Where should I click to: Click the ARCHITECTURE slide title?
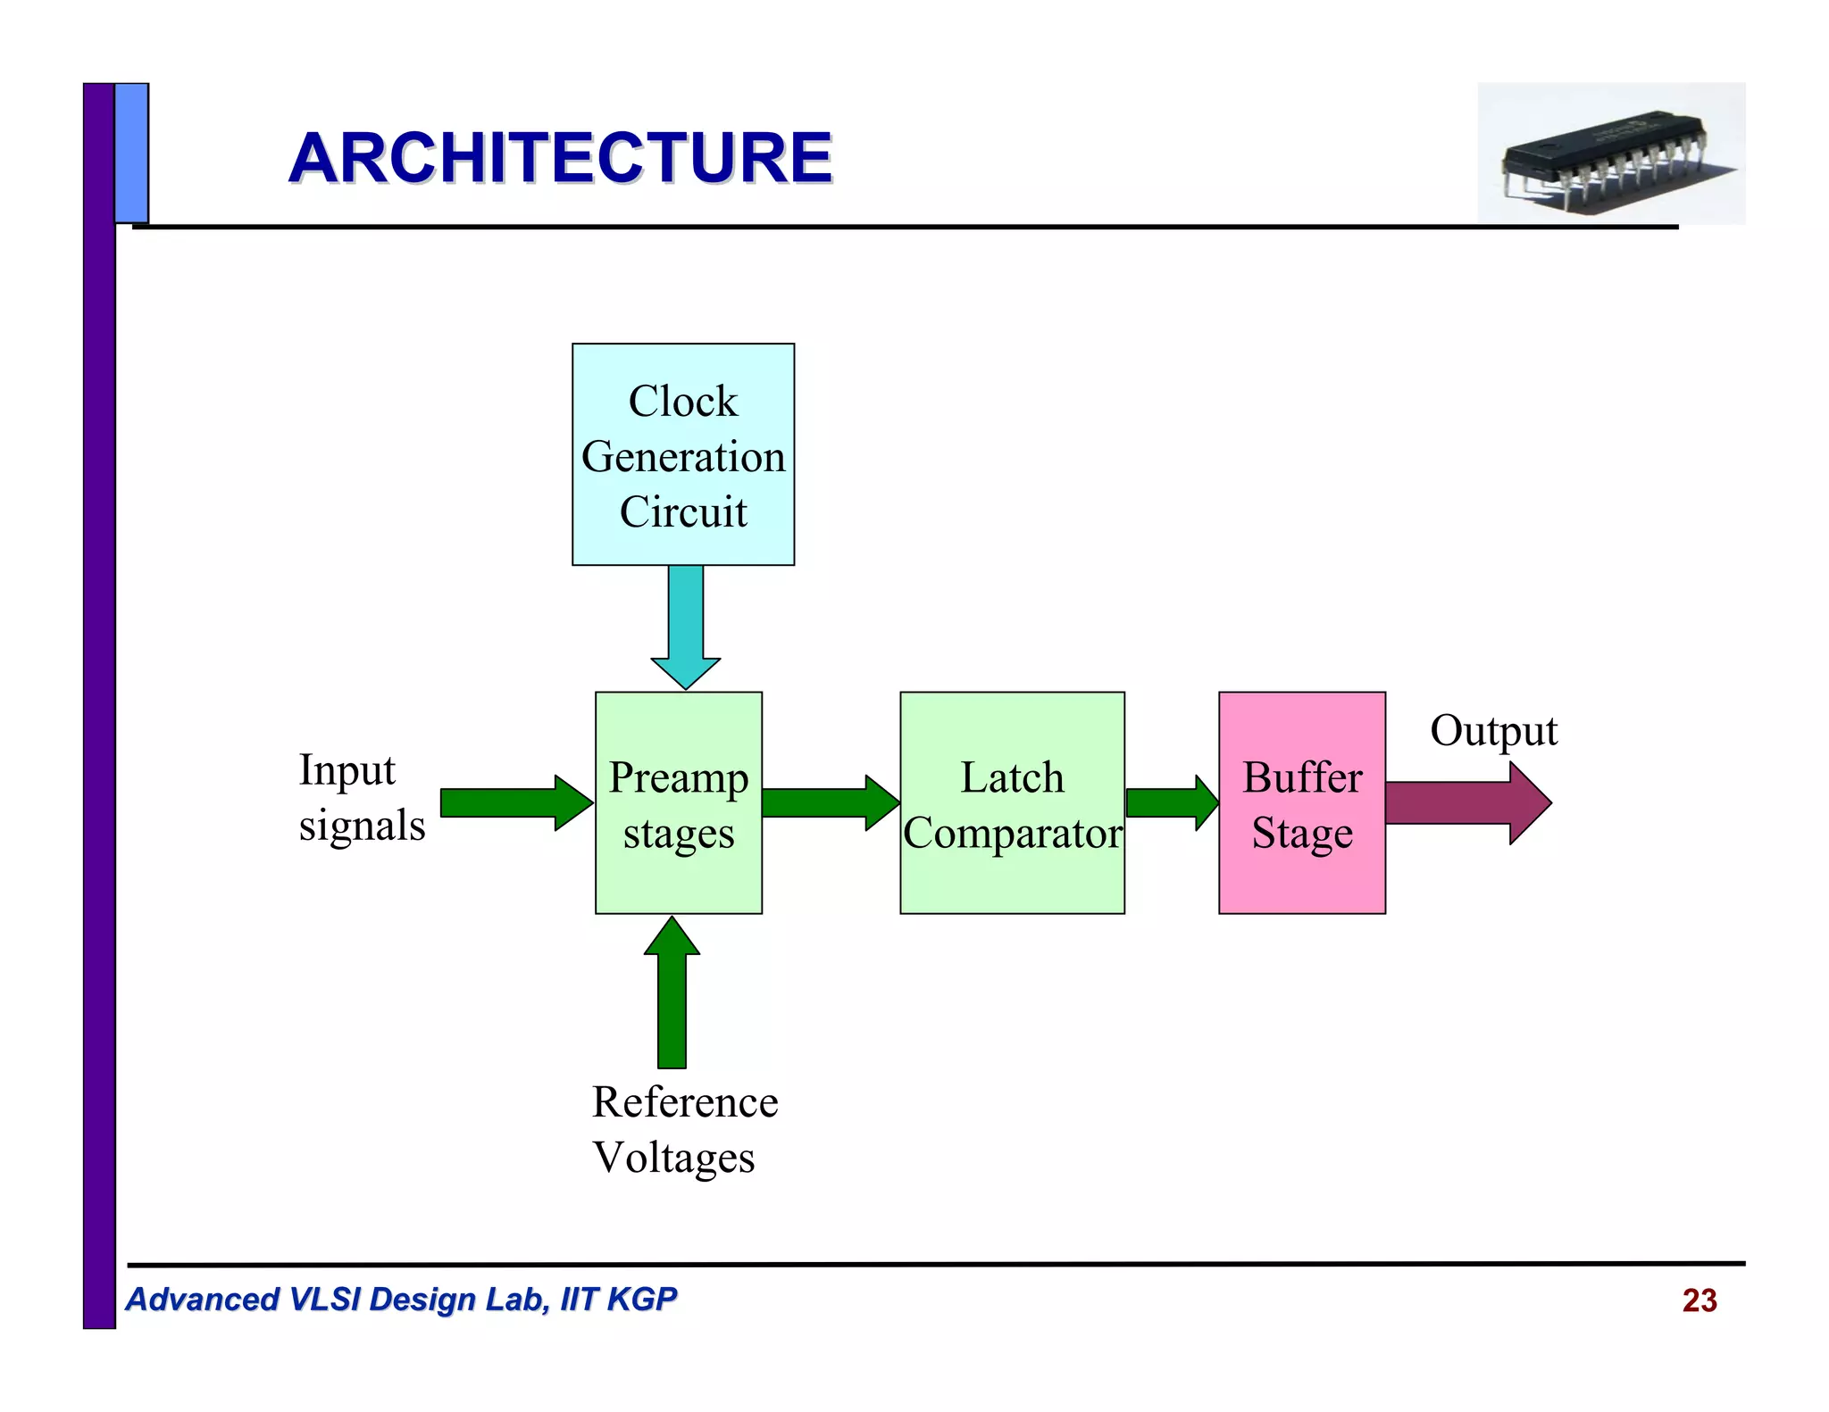tap(560, 158)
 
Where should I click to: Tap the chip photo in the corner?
tap(1610, 154)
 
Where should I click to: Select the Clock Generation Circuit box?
tap(683, 453)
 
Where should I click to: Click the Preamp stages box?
tap(679, 803)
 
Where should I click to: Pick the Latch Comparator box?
tap(1012, 803)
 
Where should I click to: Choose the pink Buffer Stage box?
tap(1301, 803)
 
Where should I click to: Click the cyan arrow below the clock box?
tap(685, 625)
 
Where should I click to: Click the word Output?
tap(1493, 731)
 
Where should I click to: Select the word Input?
tap(347, 770)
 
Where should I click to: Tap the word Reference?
tap(685, 1102)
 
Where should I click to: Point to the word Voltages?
tap(673, 1158)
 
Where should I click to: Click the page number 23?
tap(1699, 1300)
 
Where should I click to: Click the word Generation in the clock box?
tap(683, 457)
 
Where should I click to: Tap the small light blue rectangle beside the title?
tap(131, 153)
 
